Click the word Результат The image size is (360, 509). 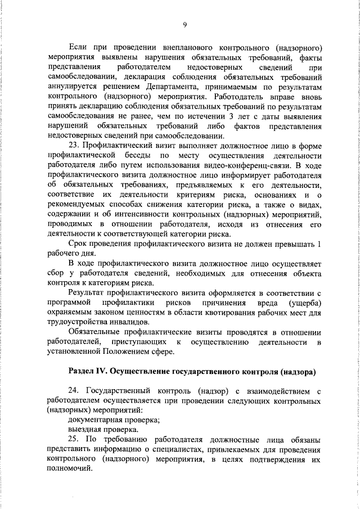coord(89,294)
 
